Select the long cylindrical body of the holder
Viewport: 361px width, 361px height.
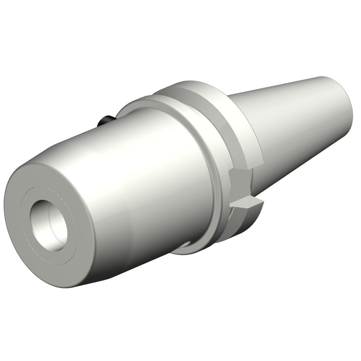coord(127,178)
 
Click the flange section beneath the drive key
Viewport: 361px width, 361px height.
coord(237,224)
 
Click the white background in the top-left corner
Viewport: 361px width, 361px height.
coord(25,25)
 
